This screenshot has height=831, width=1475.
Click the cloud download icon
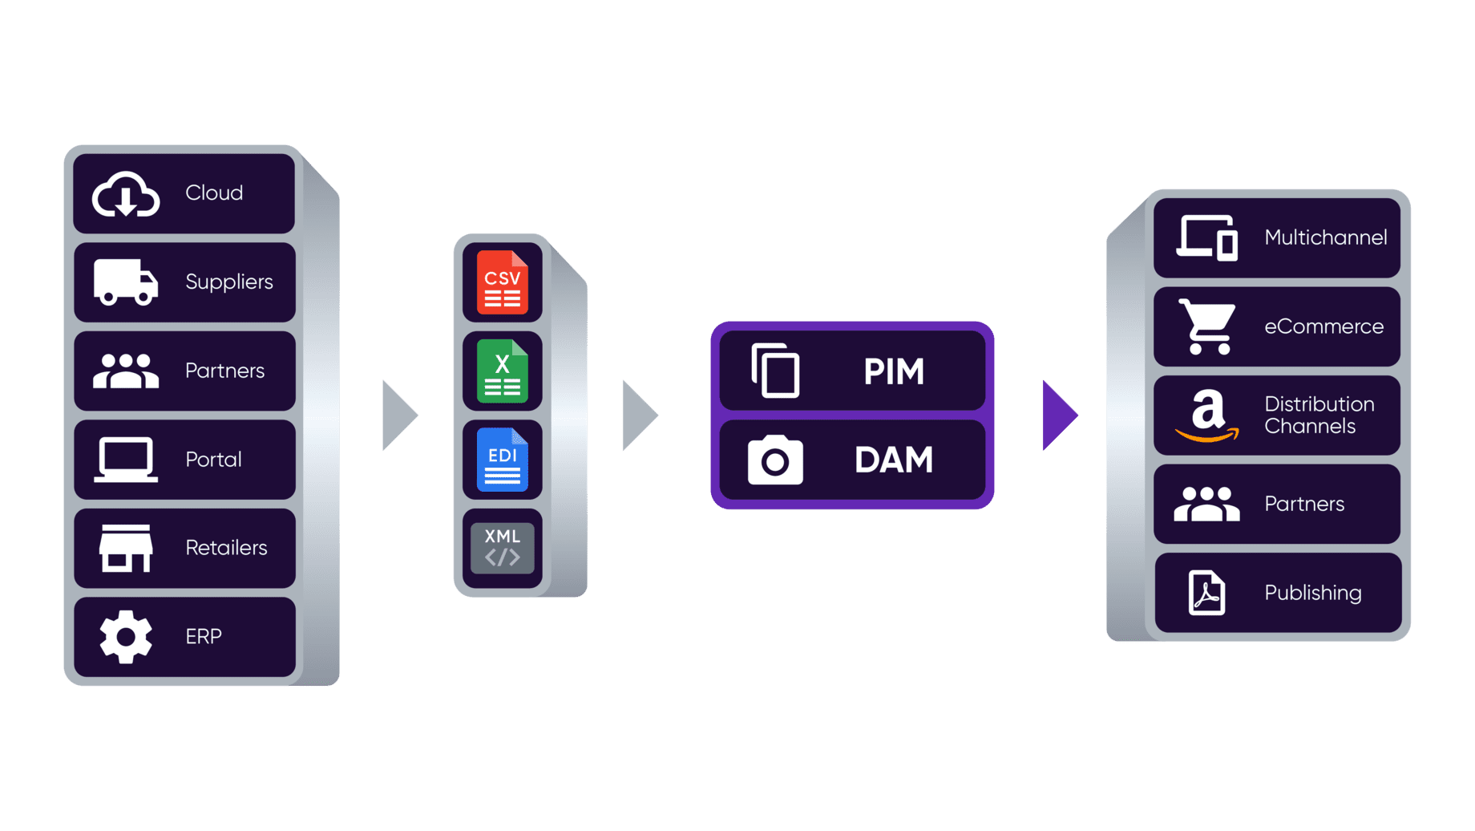pos(126,194)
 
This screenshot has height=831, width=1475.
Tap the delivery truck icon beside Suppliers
pos(126,282)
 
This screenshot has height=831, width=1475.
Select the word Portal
pos(213,460)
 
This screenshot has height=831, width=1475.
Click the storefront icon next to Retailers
pos(126,549)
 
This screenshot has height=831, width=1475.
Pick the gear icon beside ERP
pos(126,637)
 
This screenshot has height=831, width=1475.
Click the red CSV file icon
pos(503,282)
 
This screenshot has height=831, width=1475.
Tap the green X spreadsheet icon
pos(503,371)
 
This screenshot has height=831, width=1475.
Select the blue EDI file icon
pos(503,460)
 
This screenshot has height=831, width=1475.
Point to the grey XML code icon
pos(503,549)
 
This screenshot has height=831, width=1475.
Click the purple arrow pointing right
pos(1058,415)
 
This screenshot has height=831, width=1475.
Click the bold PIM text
pos(894,371)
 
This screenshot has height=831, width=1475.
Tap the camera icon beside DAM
pos(775,460)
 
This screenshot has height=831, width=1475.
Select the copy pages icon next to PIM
pos(775,371)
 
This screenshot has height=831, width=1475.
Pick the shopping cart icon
pos(1207,326)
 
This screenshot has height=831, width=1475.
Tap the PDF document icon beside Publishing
pos(1206,593)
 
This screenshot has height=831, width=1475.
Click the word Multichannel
pos(1325,237)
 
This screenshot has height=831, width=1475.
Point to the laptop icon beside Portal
pos(126,460)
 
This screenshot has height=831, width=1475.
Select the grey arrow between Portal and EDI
pos(399,415)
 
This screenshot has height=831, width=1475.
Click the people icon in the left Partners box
pos(126,371)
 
